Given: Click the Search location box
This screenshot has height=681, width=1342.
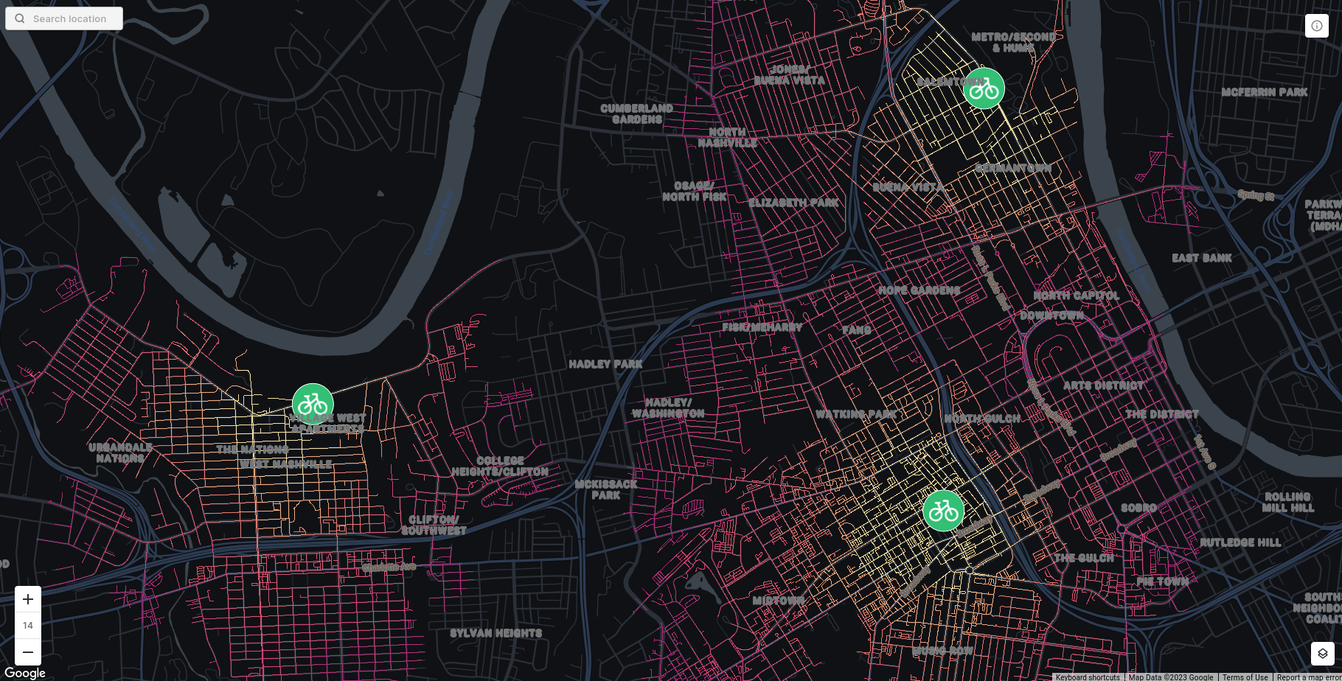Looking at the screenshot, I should click(x=64, y=18).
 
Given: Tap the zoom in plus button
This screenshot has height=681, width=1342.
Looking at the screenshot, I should click(x=28, y=599).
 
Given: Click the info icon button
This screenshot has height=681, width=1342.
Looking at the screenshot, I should click(x=1317, y=26).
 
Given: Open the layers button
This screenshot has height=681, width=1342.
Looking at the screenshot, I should click(x=1322, y=653).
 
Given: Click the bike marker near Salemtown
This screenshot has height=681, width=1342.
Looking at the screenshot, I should click(x=984, y=88).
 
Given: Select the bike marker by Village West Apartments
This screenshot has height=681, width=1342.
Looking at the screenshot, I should click(x=313, y=404).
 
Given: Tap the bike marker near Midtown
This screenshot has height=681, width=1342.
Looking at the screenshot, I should click(x=943, y=510).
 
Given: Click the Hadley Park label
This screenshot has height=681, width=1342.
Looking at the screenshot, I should click(x=605, y=364).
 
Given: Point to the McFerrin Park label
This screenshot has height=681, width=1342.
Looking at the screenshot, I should click(x=1264, y=92).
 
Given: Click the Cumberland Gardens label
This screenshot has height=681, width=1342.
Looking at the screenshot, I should click(x=636, y=113).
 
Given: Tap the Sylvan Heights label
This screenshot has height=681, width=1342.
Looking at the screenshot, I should click(x=496, y=633).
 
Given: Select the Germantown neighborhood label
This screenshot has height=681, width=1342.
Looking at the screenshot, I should click(x=1012, y=168).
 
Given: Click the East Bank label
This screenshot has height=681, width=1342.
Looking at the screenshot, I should click(x=1202, y=258).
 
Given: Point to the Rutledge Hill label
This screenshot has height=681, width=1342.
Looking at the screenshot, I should click(x=1240, y=542).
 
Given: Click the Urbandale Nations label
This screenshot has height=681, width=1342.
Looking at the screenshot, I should click(x=120, y=453).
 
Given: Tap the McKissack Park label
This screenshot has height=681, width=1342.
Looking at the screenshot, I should click(x=605, y=489).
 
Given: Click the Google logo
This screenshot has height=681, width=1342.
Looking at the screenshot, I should click(x=24, y=673).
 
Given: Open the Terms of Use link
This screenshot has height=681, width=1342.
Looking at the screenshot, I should click(x=1245, y=677).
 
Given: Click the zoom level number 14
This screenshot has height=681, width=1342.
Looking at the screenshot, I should click(x=28, y=626).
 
